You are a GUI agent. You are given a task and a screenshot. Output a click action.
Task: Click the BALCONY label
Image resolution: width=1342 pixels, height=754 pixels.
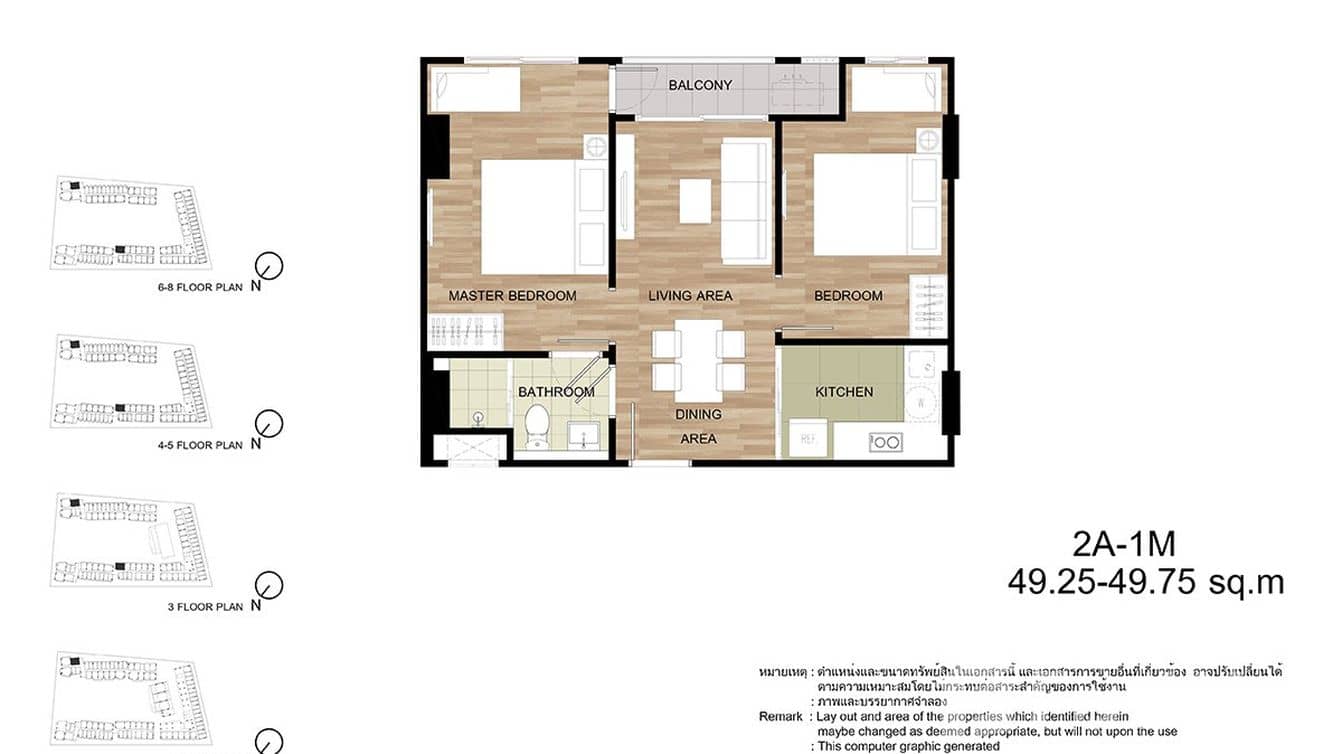[x=700, y=85]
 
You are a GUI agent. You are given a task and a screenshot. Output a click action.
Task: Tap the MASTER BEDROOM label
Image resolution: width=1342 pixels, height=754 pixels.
[x=512, y=296]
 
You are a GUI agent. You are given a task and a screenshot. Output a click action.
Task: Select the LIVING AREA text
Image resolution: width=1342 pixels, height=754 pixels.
[x=690, y=296]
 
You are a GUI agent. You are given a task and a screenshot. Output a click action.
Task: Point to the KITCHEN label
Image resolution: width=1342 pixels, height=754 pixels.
[x=844, y=392]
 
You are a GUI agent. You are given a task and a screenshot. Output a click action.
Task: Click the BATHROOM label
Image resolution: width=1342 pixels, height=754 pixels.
[x=556, y=392]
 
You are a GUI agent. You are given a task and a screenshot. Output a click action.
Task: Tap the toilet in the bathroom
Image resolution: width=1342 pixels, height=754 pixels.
[x=537, y=426]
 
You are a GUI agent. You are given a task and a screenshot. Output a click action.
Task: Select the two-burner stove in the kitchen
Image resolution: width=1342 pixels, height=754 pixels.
[x=883, y=441]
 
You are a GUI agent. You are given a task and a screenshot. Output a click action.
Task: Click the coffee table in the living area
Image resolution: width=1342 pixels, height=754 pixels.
[x=697, y=200]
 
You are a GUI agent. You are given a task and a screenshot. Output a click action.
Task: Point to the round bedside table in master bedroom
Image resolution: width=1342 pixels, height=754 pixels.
[x=595, y=147]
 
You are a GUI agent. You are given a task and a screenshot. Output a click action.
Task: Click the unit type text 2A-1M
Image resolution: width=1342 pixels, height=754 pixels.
[x=1124, y=545]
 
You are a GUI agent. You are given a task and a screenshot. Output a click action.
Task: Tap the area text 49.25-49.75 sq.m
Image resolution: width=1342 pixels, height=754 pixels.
[x=1146, y=582]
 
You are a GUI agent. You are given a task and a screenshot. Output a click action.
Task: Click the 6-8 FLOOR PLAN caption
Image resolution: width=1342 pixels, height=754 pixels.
[x=200, y=286]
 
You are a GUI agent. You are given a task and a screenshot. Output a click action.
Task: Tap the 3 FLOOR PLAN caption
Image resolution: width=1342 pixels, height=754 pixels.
[x=205, y=606]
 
